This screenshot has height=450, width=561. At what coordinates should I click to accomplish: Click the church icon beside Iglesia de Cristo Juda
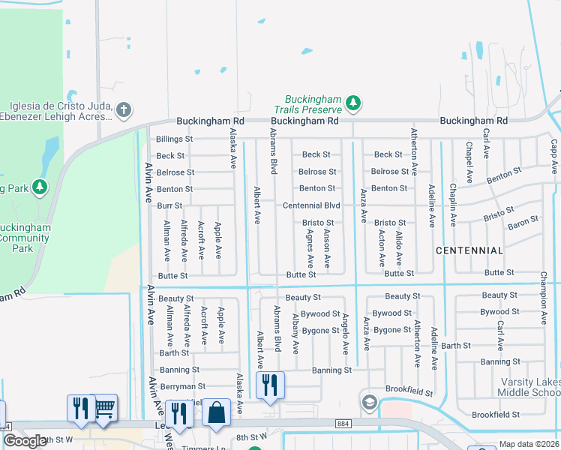[124, 110]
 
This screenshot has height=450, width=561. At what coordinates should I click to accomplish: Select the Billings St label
[174, 139]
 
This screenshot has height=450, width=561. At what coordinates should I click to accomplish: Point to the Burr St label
[170, 205]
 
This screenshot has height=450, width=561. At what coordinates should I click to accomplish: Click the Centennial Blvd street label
[311, 205]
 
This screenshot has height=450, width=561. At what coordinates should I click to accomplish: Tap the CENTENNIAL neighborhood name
[469, 250]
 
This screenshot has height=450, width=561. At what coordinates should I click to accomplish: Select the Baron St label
[523, 223]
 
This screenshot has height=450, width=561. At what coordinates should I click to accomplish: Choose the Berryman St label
[182, 386]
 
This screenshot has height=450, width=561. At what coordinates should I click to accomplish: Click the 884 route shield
[344, 424]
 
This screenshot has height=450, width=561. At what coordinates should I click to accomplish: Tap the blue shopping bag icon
[216, 414]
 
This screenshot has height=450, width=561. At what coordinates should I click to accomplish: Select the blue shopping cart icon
[104, 408]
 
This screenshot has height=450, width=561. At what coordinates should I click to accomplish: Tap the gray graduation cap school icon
[368, 403]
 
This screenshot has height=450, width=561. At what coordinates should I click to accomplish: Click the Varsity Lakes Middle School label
[530, 388]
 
